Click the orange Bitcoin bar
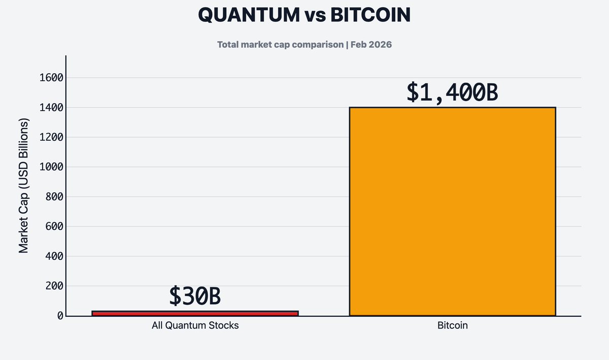point(452,211)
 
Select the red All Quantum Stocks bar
point(195,313)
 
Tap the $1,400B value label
point(452,92)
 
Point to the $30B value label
point(195,297)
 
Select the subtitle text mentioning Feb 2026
point(304,45)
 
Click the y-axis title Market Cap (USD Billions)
point(24,185)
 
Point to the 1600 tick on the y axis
point(51,78)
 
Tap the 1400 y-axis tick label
point(51,108)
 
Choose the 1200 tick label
point(51,137)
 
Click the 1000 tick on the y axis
point(51,167)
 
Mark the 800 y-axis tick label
point(54,197)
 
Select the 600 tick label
point(54,226)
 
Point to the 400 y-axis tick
point(54,256)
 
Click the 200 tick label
point(54,286)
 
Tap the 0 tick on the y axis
point(60,316)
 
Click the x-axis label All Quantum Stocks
point(195,325)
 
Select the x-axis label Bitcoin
point(452,325)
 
